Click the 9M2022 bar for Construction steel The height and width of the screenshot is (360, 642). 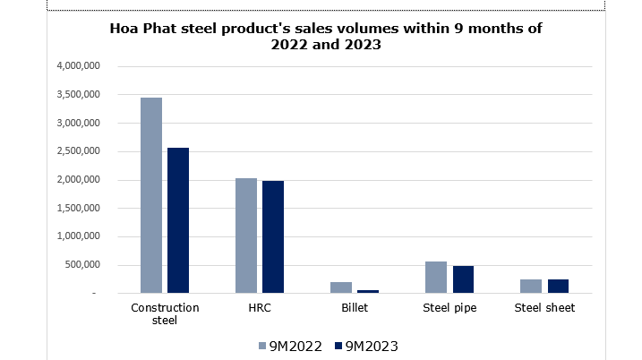point(151,195)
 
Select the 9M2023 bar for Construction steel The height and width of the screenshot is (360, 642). point(178,220)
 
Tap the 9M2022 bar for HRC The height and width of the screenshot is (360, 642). point(246,236)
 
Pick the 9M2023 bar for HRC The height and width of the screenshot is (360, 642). point(273,237)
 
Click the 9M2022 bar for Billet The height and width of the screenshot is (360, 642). point(341,287)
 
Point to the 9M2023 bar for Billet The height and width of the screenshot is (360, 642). point(368,291)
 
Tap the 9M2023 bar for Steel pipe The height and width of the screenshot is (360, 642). point(463,279)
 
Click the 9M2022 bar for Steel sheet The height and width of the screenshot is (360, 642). point(531,287)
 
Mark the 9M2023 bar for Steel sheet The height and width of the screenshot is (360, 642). point(558,287)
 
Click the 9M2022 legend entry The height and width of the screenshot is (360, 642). point(288,345)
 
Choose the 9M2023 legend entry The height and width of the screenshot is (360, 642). point(365,345)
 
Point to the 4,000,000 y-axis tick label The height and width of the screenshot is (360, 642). point(83,66)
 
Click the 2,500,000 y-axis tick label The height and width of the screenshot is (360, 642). point(83,151)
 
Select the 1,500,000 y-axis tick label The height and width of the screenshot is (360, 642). point(83,209)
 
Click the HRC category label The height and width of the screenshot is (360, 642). point(260,308)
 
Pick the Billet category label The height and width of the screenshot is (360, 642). point(355,308)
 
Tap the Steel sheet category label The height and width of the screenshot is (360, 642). point(544,308)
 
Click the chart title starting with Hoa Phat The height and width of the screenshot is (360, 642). point(327,37)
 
